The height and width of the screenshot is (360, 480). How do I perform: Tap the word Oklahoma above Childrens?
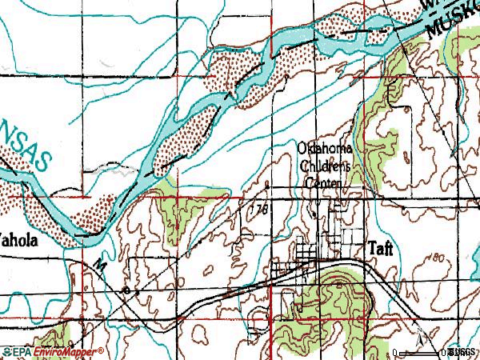324,150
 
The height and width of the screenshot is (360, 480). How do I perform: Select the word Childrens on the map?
325,167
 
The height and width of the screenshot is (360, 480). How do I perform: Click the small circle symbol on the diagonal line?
127,287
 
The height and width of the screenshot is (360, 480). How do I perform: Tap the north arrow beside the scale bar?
418,330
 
